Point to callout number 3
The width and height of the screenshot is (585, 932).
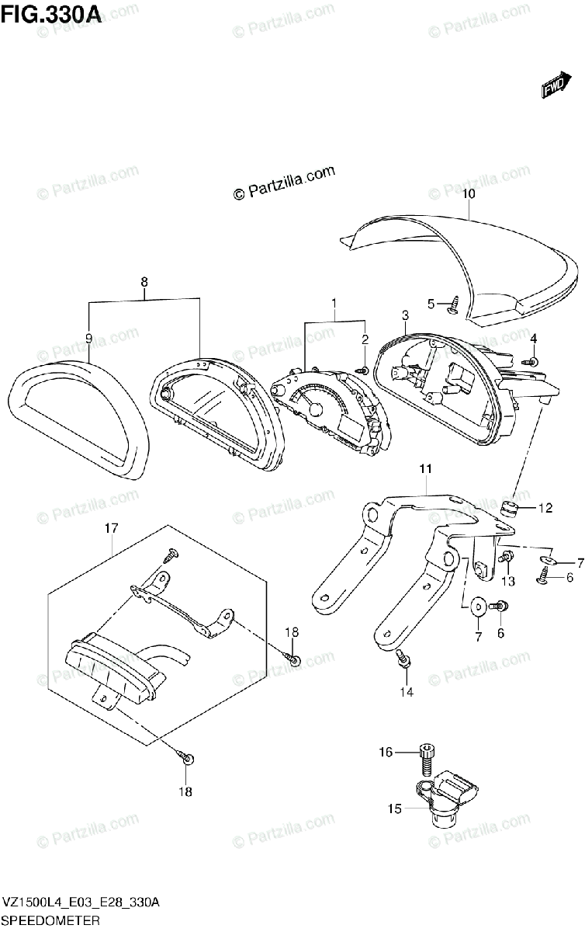click(x=405, y=315)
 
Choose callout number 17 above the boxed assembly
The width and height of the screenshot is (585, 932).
click(x=111, y=528)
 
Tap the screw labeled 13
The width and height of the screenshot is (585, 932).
click(x=506, y=557)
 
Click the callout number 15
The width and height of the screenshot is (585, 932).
click(x=395, y=809)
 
